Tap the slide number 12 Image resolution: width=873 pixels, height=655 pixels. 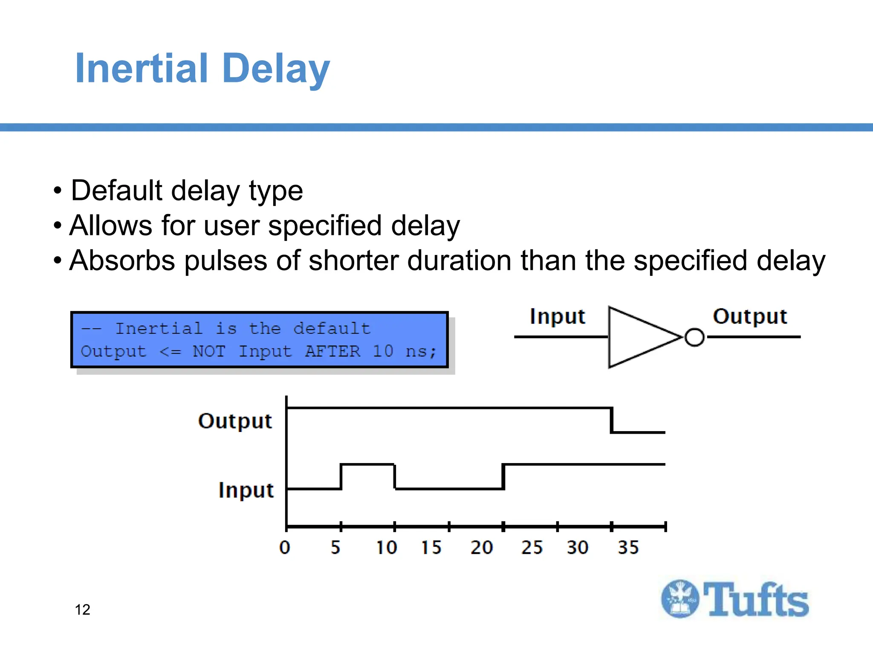[x=82, y=609]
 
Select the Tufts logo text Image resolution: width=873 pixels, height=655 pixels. [x=755, y=600]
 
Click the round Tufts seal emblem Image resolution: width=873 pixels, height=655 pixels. [x=680, y=599]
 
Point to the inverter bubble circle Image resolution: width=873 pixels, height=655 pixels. [x=694, y=337]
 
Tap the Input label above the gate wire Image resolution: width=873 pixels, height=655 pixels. [x=557, y=317]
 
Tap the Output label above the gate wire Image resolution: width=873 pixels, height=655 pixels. [x=750, y=317]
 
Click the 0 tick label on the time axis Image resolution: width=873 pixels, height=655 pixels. [x=285, y=547]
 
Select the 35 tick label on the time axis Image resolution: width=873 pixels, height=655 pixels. [x=628, y=547]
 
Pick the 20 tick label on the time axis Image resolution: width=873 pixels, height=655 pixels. [x=482, y=547]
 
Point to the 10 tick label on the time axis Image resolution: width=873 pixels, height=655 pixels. [x=386, y=547]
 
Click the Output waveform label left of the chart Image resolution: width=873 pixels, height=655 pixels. [x=235, y=421]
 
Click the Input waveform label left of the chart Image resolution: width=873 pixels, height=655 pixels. [x=246, y=490]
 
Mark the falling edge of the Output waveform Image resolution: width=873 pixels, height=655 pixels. [x=612, y=420]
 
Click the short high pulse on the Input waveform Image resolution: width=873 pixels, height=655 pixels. [x=367, y=464]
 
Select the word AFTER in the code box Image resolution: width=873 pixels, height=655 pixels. [x=332, y=351]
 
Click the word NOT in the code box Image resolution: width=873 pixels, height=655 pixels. [x=208, y=351]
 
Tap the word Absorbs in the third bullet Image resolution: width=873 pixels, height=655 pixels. [x=122, y=261]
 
